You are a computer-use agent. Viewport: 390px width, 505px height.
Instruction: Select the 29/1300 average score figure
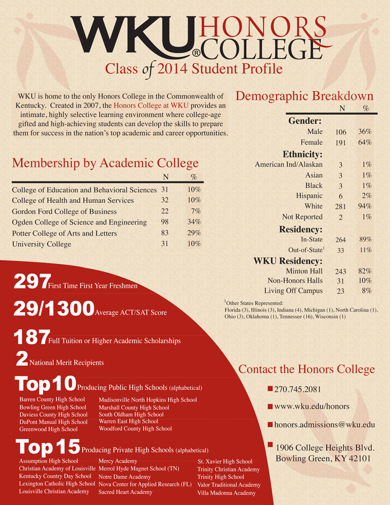(54, 309)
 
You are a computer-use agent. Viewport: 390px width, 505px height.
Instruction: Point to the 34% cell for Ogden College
(194, 222)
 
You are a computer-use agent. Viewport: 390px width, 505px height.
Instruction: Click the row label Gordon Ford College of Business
(65, 211)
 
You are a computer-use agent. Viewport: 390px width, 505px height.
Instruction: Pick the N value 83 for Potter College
(164, 233)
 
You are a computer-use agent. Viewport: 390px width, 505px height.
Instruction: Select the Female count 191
(341, 143)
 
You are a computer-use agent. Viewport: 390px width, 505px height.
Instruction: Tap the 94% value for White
(365, 206)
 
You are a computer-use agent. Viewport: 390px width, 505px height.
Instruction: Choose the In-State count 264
(341, 239)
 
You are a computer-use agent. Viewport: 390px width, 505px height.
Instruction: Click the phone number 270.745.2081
(298, 389)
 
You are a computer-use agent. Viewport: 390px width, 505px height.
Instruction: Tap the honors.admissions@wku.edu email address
(324, 424)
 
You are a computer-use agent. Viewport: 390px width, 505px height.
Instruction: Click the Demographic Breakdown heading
(304, 96)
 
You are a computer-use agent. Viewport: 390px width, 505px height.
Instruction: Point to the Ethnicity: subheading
(303, 155)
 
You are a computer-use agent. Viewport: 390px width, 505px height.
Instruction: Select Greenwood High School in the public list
(48, 429)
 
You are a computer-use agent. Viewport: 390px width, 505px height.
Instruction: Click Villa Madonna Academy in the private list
(226, 493)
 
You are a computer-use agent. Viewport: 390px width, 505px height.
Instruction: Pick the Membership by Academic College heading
(105, 163)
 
